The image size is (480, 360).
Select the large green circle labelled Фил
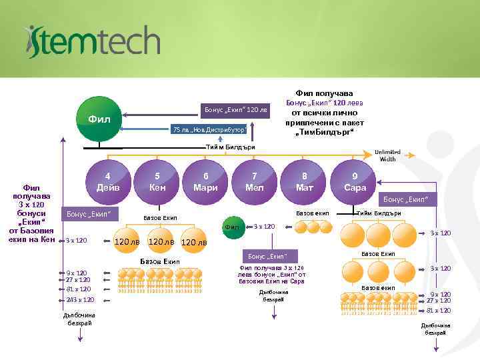(99, 121)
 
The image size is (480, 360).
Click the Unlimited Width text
(387, 155)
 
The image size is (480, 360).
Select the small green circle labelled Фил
(233, 227)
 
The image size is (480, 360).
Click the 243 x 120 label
(79, 300)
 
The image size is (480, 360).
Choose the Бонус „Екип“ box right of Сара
(405, 199)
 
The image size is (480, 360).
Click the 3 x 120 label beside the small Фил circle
(265, 227)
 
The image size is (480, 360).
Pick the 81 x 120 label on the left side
(78, 289)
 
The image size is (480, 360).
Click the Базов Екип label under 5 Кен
(160, 218)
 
